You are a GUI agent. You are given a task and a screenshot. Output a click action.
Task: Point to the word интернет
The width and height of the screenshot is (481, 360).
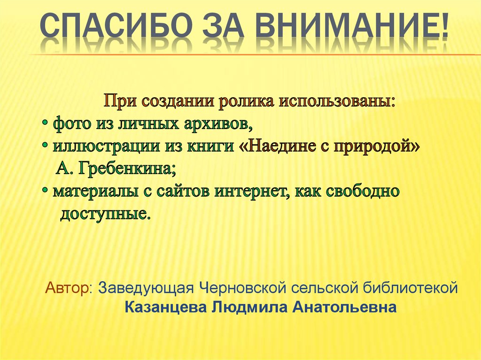(249, 191)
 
